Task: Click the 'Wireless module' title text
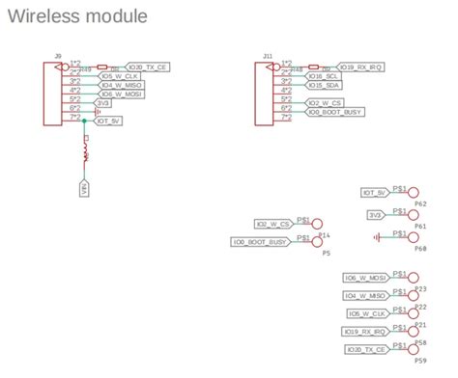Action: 78,16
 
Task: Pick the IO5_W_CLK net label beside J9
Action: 121,76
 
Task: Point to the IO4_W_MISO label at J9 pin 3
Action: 122,85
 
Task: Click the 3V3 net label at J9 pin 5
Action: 103,102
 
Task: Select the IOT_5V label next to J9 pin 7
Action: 108,121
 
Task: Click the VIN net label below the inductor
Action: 84,189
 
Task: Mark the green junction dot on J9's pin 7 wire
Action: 85,121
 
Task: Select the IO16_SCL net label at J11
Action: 323,75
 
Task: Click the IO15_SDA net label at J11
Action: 323,85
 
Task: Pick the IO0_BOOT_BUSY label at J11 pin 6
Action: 333,112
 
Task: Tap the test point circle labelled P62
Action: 415,193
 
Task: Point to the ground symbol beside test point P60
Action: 378,235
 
